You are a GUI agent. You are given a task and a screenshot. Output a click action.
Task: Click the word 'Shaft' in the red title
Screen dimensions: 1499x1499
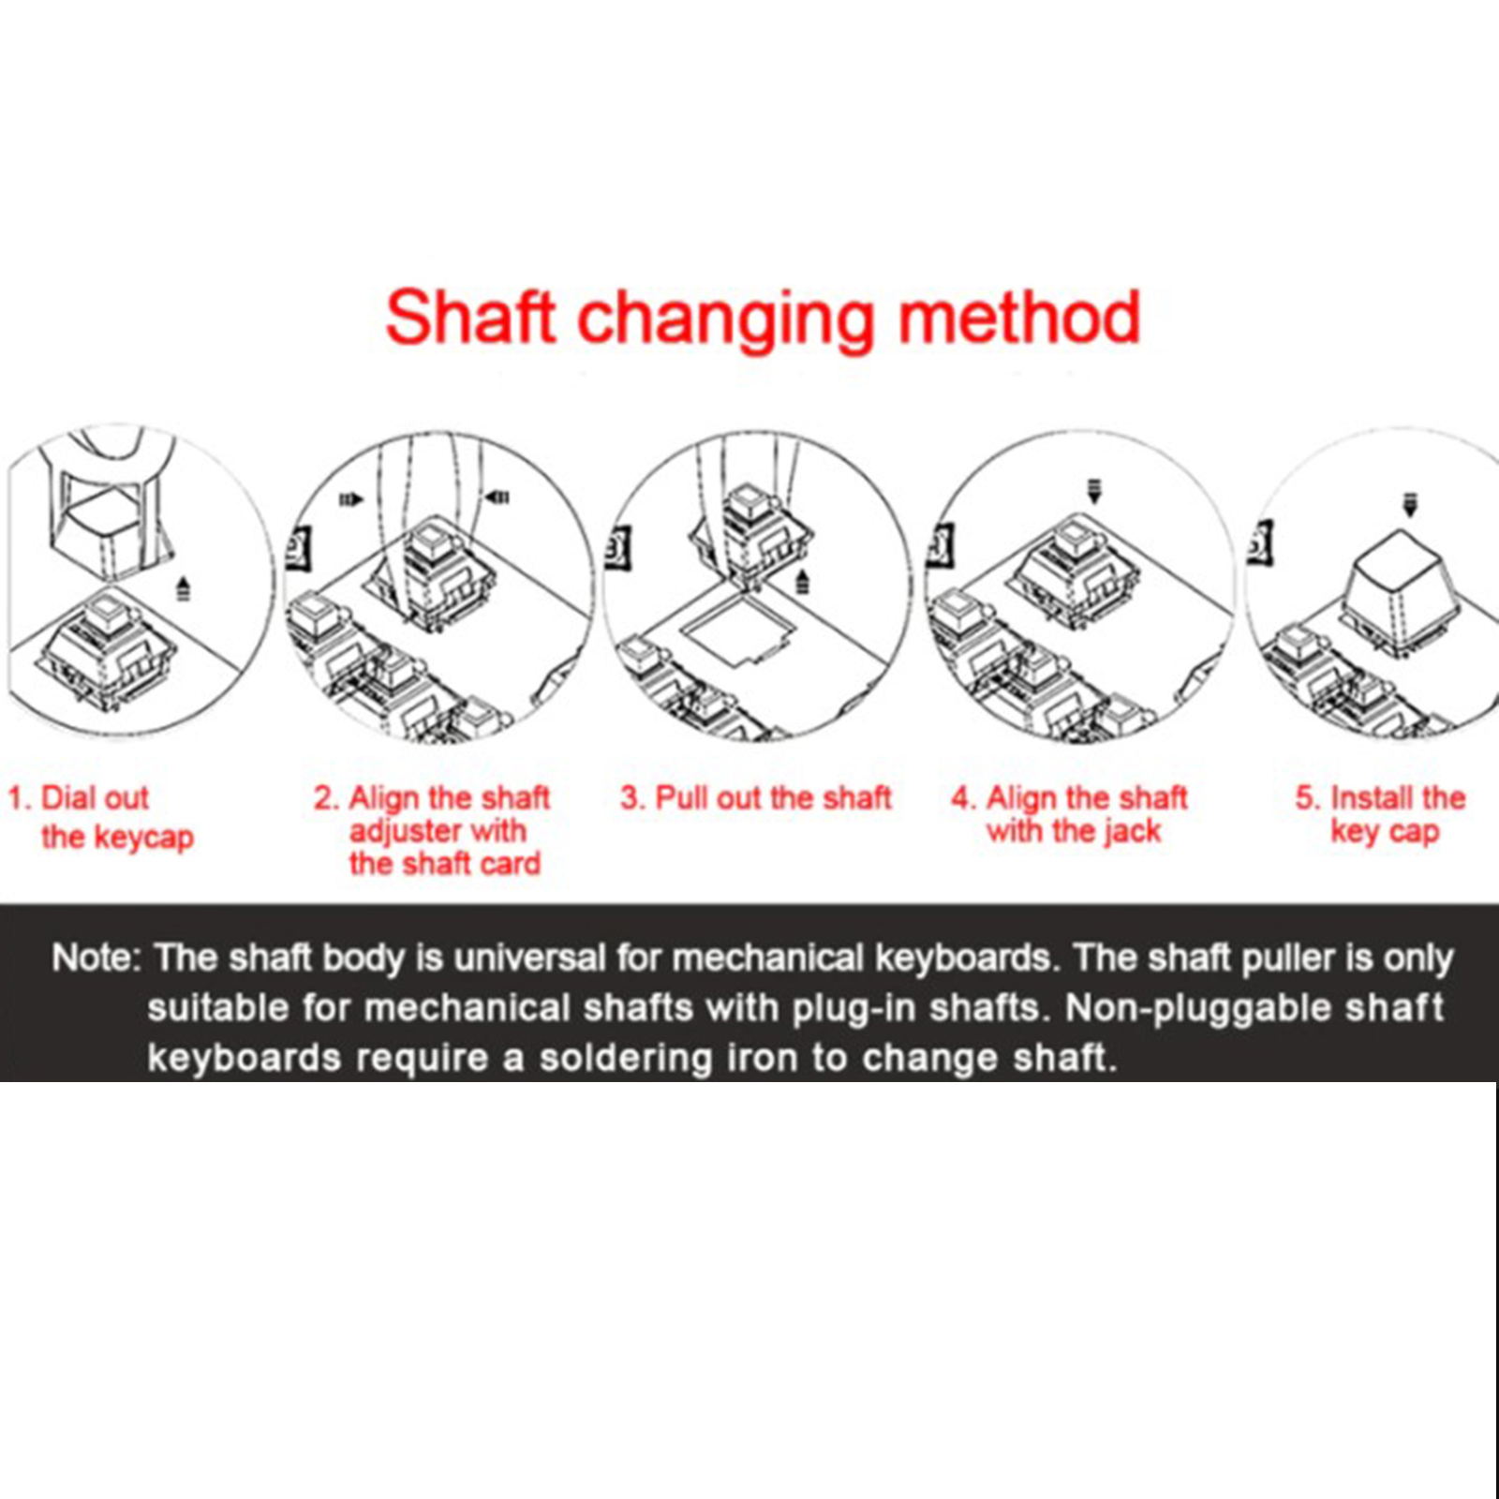pyautogui.click(x=470, y=317)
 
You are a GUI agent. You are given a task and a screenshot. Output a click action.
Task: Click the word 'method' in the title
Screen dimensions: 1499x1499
pyautogui.click(x=1019, y=317)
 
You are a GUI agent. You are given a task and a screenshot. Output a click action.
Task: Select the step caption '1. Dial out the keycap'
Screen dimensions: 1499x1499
pyautogui.click(x=100, y=817)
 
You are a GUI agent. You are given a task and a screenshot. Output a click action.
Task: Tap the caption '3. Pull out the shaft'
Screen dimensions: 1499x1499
pyautogui.click(x=755, y=797)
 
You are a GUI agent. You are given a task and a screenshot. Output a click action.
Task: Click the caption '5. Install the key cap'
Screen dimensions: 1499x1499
pyautogui.click(x=1380, y=814)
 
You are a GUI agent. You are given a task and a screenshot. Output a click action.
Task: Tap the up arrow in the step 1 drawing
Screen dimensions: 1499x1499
pyautogui.click(x=184, y=589)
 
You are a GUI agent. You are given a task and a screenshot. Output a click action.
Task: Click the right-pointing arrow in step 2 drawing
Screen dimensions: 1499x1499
pyautogui.click(x=350, y=499)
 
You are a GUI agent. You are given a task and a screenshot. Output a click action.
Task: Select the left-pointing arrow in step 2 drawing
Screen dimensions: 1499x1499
pyautogui.click(x=497, y=497)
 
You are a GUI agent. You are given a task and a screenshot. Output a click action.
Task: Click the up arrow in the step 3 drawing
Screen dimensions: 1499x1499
pyautogui.click(x=802, y=581)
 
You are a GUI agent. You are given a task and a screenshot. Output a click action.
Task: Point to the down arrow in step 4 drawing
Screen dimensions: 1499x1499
pyautogui.click(x=1093, y=491)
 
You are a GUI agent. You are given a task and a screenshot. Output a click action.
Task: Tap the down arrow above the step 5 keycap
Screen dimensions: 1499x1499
pyautogui.click(x=1410, y=504)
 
